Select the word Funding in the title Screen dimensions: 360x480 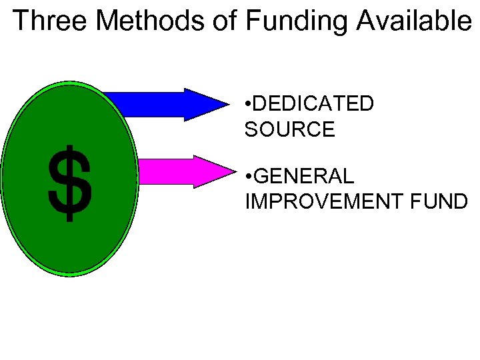[x=296, y=21]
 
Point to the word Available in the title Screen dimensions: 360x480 [x=413, y=21]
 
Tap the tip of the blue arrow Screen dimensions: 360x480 [x=227, y=104]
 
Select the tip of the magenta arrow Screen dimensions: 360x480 [x=227, y=171]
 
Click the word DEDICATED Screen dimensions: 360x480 [x=314, y=104]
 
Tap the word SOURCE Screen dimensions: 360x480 [x=289, y=129]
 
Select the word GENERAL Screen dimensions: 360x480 [x=305, y=177]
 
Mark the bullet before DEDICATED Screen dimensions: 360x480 [x=248, y=105]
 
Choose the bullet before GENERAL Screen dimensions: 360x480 [x=248, y=177]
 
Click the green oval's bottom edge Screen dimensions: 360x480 [x=69, y=273]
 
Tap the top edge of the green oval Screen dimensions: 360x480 [x=69, y=84]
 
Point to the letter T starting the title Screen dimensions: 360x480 [x=21, y=21]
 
